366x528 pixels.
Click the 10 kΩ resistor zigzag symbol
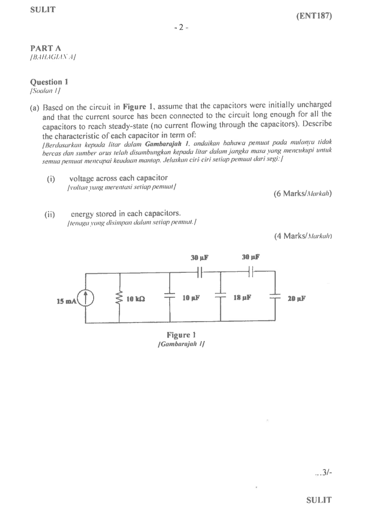(x=120, y=298)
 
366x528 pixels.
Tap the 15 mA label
(x=66, y=301)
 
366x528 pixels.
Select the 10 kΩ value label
(x=136, y=299)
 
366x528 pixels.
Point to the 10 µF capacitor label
(x=191, y=298)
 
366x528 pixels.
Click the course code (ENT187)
(x=314, y=16)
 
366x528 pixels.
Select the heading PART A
(x=46, y=48)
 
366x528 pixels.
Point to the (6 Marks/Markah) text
(x=303, y=194)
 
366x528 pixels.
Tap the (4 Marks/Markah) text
(x=303, y=236)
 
